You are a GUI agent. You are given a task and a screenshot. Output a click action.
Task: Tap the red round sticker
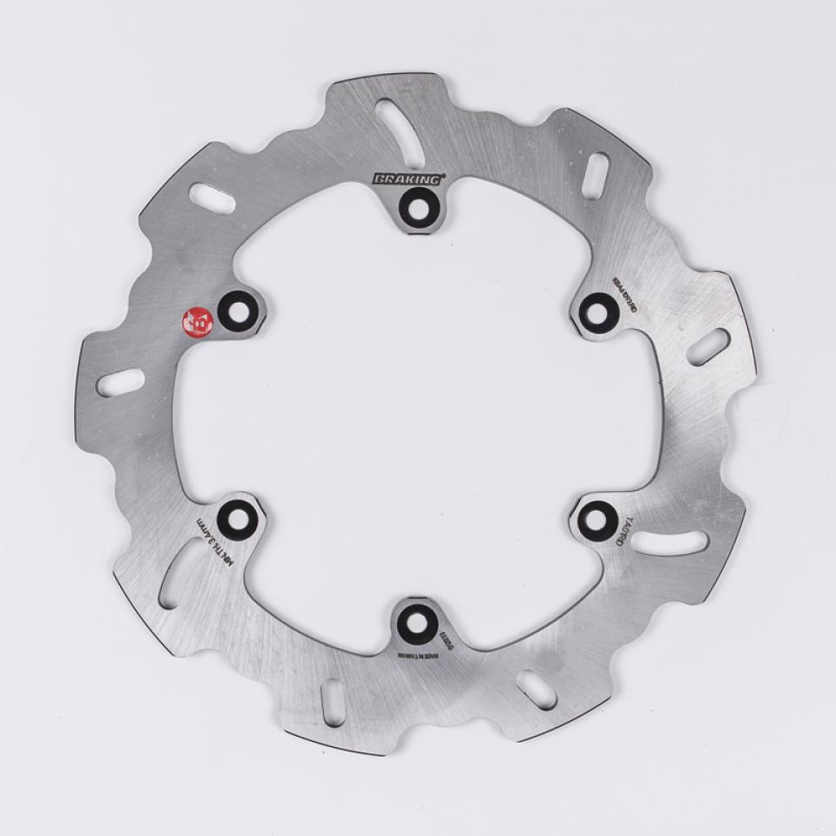[x=197, y=321]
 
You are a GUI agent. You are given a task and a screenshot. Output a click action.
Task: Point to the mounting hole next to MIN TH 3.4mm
[x=236, y=521]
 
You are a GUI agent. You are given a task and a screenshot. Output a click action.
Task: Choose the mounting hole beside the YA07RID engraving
[x=597, y=521]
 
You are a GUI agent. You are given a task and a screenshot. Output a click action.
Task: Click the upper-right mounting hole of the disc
[x=598, y=311]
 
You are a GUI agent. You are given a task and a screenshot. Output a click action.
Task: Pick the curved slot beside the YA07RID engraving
[x=669, y=543]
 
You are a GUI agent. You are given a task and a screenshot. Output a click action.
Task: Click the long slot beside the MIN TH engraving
[x=178, y=572]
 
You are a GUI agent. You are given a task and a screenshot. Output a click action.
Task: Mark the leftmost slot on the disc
[x=121, y=382]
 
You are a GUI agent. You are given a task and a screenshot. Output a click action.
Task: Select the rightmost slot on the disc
[x=708, y=347]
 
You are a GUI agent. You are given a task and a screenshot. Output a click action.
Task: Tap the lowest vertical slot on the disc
[x=333, y=702]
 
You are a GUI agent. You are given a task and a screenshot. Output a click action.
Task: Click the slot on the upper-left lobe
[x=212, y=199]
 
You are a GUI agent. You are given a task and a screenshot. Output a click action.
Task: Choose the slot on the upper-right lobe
[x=596, y=175]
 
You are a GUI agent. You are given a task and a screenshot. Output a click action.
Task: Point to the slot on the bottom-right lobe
[x=536, y=690]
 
